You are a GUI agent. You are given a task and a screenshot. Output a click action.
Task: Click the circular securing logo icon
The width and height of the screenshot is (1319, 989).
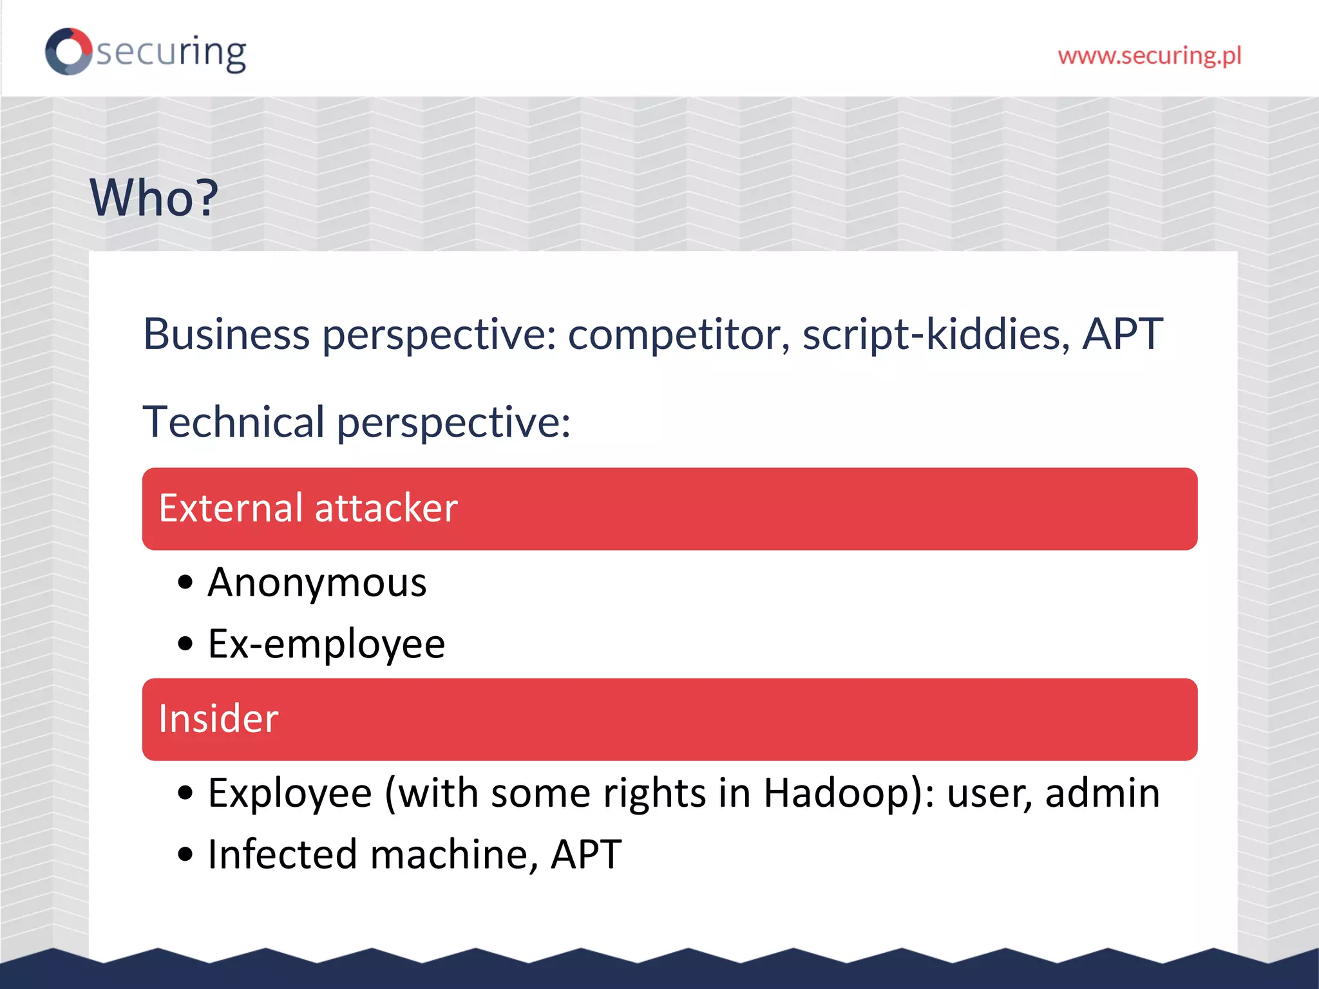tap(68, 52)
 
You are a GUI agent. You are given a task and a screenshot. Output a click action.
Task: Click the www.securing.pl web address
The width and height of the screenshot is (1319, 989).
tap(1149, 56)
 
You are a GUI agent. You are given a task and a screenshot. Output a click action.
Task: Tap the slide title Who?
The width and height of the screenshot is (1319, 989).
tap(154, 198)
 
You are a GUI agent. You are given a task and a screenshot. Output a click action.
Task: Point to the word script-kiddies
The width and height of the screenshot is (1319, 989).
tap(936, 335)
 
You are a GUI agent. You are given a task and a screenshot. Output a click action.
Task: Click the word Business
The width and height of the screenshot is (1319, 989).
tap(226, 335)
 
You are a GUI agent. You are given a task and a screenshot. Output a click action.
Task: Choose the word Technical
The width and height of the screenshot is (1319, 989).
tap(233, 422)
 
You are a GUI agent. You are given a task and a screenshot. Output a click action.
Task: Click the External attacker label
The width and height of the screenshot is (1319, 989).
tap(308, 508)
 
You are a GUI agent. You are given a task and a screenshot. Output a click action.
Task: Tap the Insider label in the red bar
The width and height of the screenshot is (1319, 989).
tap(218, 719)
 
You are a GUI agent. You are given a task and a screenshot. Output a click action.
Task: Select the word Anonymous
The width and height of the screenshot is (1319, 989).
tap(317, 583)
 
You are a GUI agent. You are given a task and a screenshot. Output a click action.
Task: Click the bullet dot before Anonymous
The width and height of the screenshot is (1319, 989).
tap(185, 583)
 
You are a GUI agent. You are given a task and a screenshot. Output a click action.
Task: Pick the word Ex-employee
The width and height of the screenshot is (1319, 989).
tap(326, 644)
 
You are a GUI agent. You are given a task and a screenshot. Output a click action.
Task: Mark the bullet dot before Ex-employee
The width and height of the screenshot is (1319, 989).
tap(185, 643)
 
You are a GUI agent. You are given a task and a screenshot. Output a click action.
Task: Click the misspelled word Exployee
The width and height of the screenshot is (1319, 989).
tap(290, 793)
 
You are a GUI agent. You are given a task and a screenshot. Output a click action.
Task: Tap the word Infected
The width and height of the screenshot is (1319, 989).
tap(282, 855)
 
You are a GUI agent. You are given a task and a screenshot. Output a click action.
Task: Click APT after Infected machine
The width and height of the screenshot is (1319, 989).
tap(586, 855)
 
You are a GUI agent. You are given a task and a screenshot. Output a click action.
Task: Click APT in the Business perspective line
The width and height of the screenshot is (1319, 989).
tap(1122, 335)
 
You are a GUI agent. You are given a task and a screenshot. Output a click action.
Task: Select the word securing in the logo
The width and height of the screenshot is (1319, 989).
tap(171, 53)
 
